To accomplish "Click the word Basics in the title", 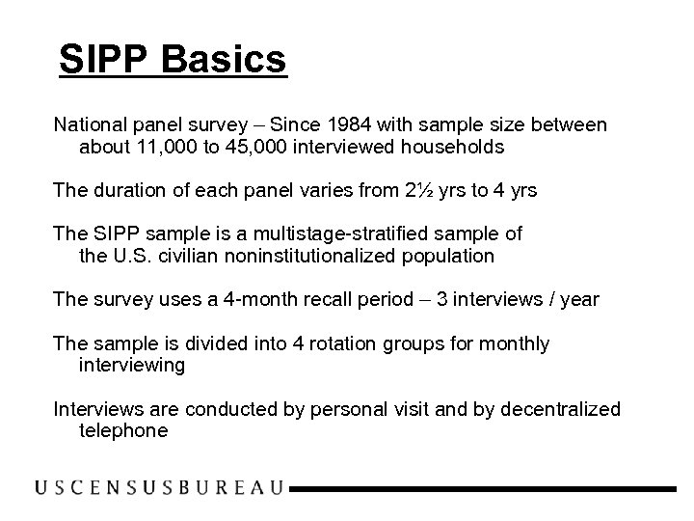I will coord(226,60).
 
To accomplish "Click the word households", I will coord(453,148).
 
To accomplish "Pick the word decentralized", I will coord(562,410).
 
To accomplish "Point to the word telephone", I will coord(123,431).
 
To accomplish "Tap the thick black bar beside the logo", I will coord(483,490).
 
